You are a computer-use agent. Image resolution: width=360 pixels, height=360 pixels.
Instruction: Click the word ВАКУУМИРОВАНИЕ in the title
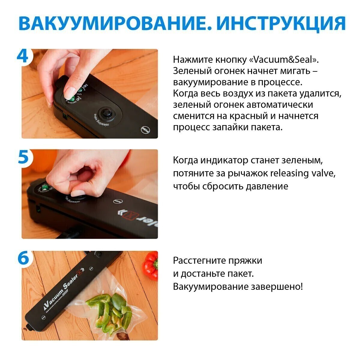(115, 23)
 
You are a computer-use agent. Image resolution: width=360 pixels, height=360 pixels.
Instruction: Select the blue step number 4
(22, 56)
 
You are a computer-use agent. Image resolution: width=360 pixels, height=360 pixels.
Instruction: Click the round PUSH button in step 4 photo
(145, 130)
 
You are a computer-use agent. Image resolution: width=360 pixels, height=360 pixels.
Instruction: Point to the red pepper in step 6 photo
(150, 266)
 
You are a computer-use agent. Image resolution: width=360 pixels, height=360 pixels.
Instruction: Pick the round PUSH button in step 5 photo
(118, 202)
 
